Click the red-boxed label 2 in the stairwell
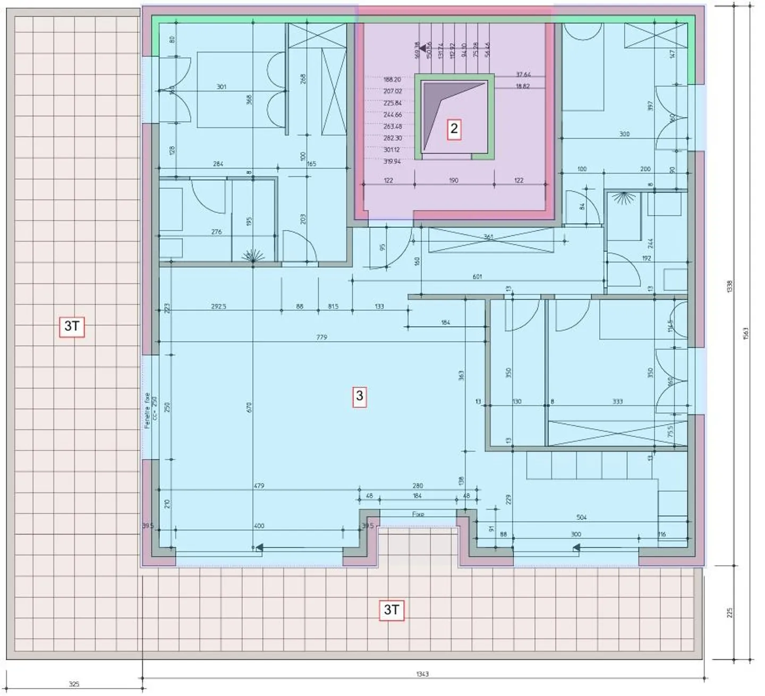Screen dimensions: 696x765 (x=454, y=129)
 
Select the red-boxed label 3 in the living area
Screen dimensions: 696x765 (x=360, y=396)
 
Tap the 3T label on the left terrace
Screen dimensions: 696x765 (x=72, y=326)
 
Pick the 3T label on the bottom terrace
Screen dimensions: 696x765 (x=392, y=610)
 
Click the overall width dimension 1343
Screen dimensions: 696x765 (x=422, y=674)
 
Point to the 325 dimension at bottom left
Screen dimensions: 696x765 (x=74, y=684)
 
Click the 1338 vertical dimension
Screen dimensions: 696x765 (x=729, y=287)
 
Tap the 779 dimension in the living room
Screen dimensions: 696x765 (x=321, y=337)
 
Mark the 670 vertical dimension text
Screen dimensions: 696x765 (x=249, y=408)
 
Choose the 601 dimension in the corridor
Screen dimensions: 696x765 (x=477, y=277)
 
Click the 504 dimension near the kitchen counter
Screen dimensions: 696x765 (x=582, y=517)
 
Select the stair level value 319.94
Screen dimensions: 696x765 (x=392, y=162)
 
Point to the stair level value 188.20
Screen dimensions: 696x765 (x=392, y=80)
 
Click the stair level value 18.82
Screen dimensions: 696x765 (x=523, y=87)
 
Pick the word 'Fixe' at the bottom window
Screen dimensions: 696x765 (x=418, y=514)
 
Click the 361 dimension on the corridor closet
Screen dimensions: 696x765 (x=488, y=237)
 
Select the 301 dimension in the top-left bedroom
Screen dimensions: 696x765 (x=222, y=87)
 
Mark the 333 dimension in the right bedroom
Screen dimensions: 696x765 (x=617, y=402)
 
